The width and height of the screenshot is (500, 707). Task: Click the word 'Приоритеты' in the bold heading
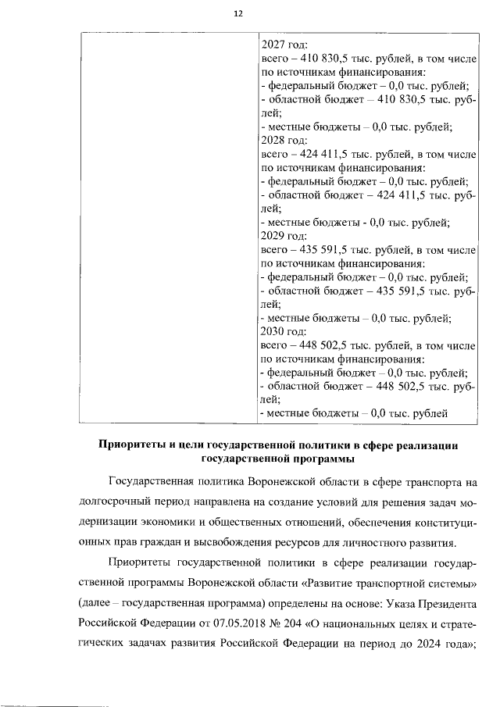point(131,445)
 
